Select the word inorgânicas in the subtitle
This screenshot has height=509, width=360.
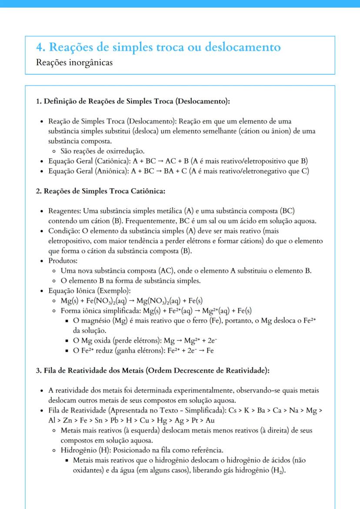(91, 63)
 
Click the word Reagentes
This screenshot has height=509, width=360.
(64, 211)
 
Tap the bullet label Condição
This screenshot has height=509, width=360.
(63, 231)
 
